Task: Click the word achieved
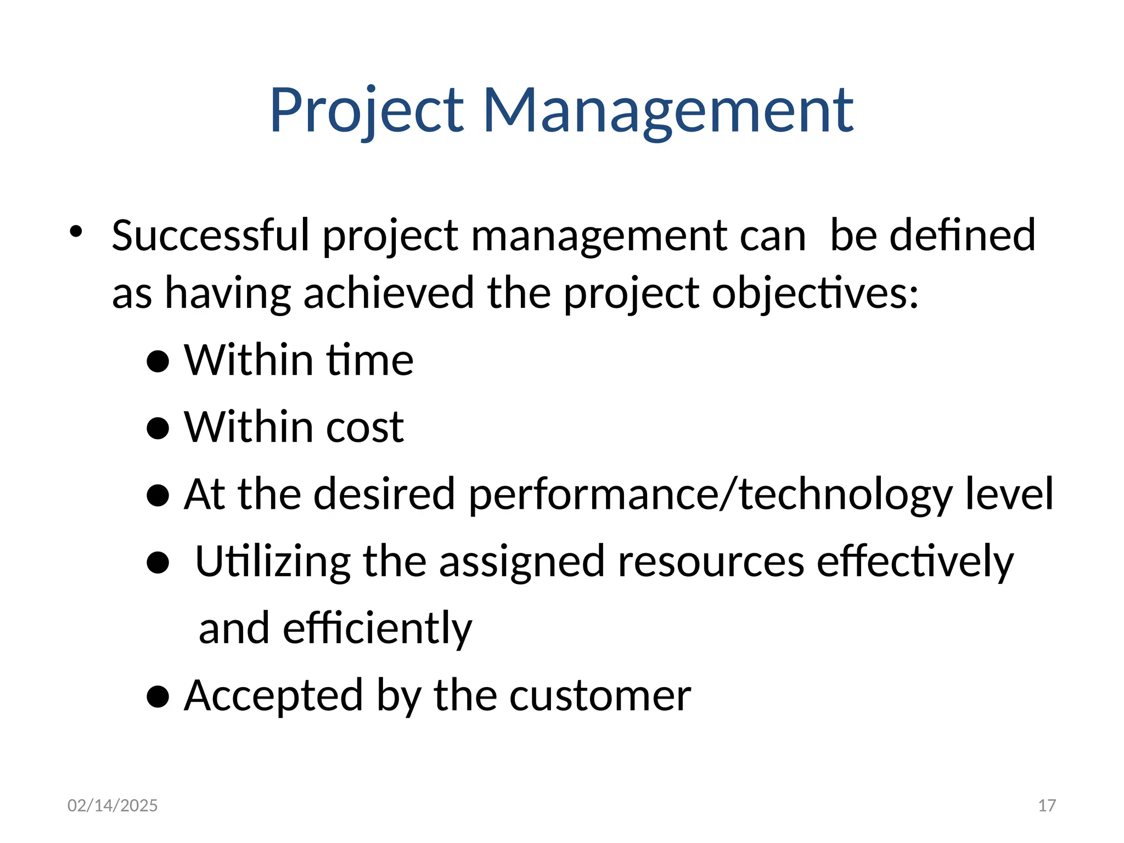tap(389, 293)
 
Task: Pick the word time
tap(370, 360)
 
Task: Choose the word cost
tap(364, 427)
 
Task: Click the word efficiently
tap(377, 628)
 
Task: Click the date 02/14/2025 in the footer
tap(113, 805)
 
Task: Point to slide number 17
tap(1047, 805)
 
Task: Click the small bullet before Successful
tap(76, 231)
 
